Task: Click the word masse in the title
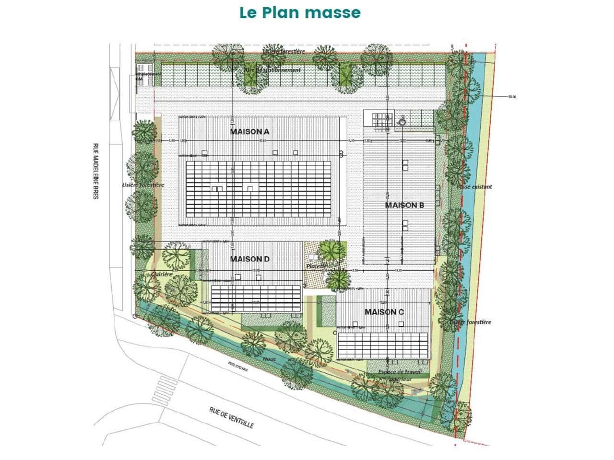332,12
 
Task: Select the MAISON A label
249,132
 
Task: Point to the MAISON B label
404,205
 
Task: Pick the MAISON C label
384,312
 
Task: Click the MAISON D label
249,259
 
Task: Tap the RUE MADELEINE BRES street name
95,171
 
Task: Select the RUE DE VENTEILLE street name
231,418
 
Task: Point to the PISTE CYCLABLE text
238,366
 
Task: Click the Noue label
270,358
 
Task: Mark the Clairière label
161,274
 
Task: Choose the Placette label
317,266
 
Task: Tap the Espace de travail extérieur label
400,375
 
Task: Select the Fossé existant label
474,187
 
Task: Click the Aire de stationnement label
272,70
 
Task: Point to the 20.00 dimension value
512,97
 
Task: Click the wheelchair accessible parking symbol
402,122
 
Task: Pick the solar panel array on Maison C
383,345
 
